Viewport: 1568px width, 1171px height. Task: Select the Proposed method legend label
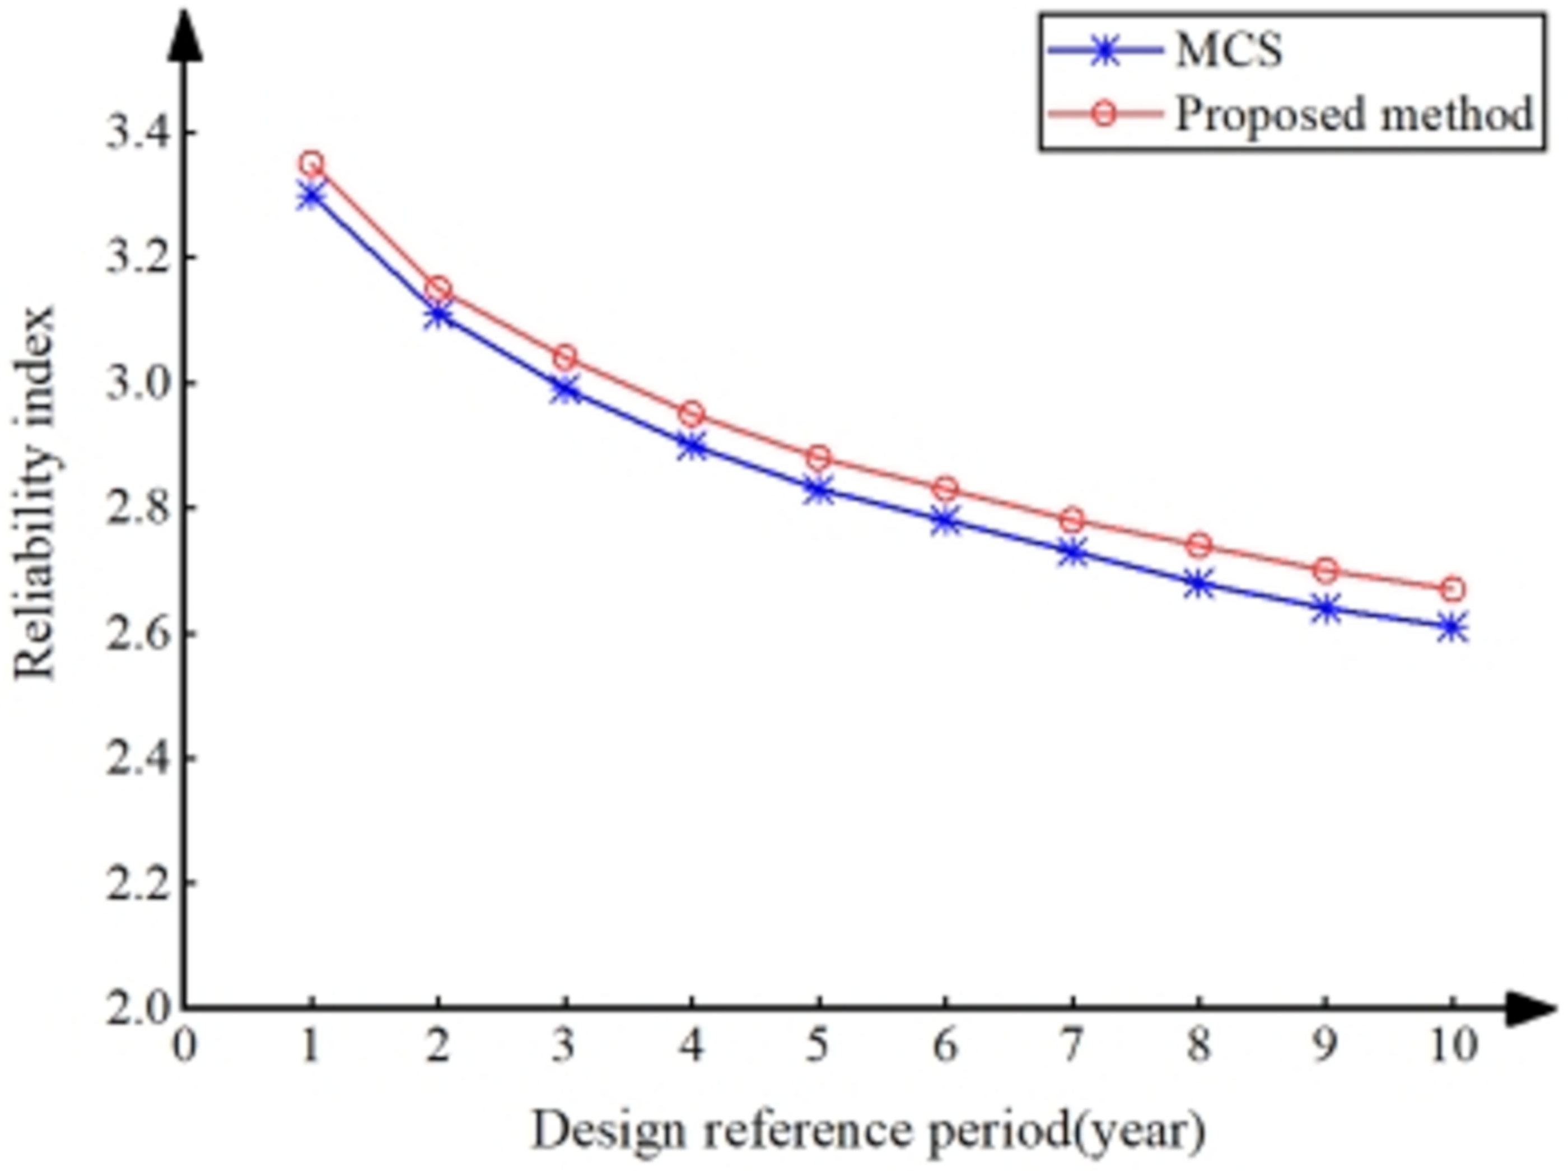tap(1354, 113)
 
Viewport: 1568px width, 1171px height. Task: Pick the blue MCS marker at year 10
tap(1452, 628)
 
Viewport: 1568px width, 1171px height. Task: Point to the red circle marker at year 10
tap(1452, 589)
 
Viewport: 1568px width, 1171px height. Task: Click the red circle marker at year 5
tap(818, 458)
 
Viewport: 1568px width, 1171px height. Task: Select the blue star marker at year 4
tap(692, 447)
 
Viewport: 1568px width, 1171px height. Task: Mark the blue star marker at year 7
tap(1072, 551)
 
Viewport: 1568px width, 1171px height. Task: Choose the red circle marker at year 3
tap(564, 357)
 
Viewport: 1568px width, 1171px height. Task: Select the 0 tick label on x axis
tap(184, 1046)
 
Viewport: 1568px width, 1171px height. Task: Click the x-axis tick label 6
tap(945, 1046)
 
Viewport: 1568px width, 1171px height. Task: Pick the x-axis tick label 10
tap(1452, 1046)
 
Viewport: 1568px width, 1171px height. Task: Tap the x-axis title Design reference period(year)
tap(868, 1130)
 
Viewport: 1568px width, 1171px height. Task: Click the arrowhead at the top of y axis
tap(184, 35)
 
